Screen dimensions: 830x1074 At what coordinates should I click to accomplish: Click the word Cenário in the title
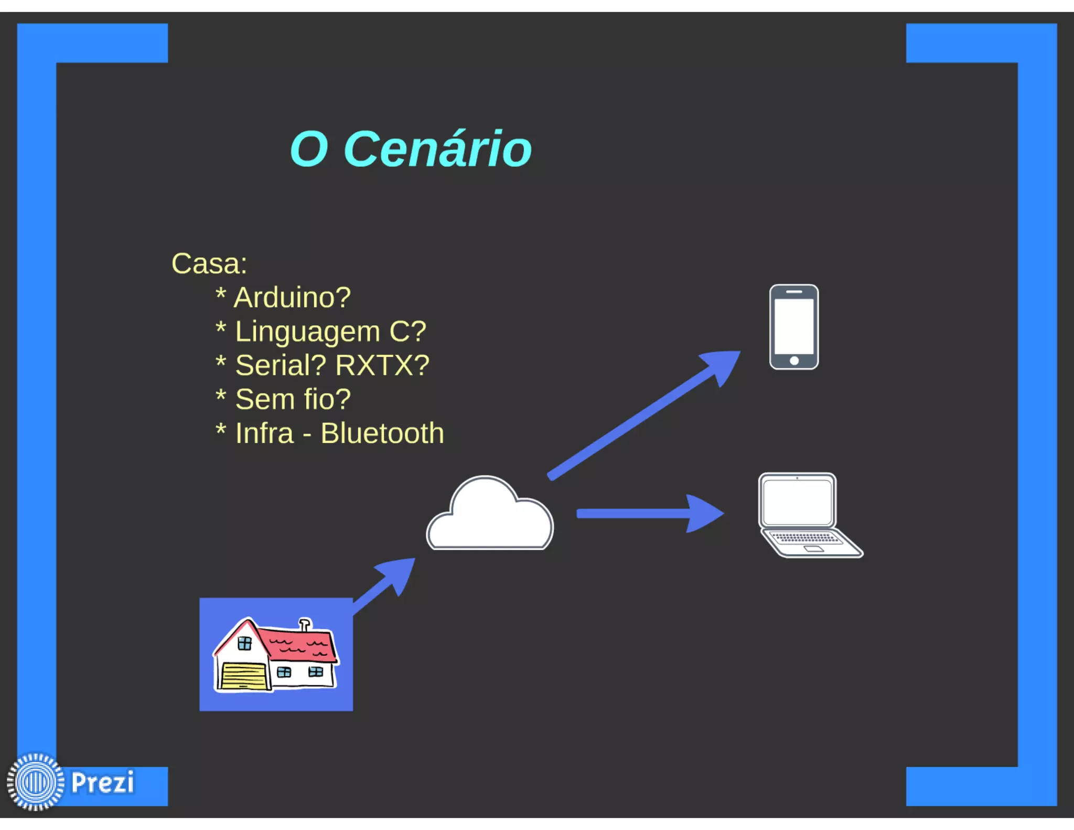437,150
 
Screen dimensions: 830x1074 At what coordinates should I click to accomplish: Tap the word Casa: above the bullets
209,264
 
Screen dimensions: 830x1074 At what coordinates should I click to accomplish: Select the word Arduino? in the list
292,297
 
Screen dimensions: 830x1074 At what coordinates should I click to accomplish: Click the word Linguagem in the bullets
307,332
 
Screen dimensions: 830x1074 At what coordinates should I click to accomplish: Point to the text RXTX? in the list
382,366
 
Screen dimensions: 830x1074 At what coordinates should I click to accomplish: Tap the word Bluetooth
382,433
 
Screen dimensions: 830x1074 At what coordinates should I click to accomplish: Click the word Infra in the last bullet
264,433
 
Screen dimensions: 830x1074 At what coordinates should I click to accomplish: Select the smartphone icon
793,327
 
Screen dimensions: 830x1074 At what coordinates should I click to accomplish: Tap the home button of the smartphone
794,360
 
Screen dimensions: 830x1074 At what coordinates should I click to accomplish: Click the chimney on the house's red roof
305,624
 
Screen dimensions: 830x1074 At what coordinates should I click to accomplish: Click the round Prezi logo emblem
36,782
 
